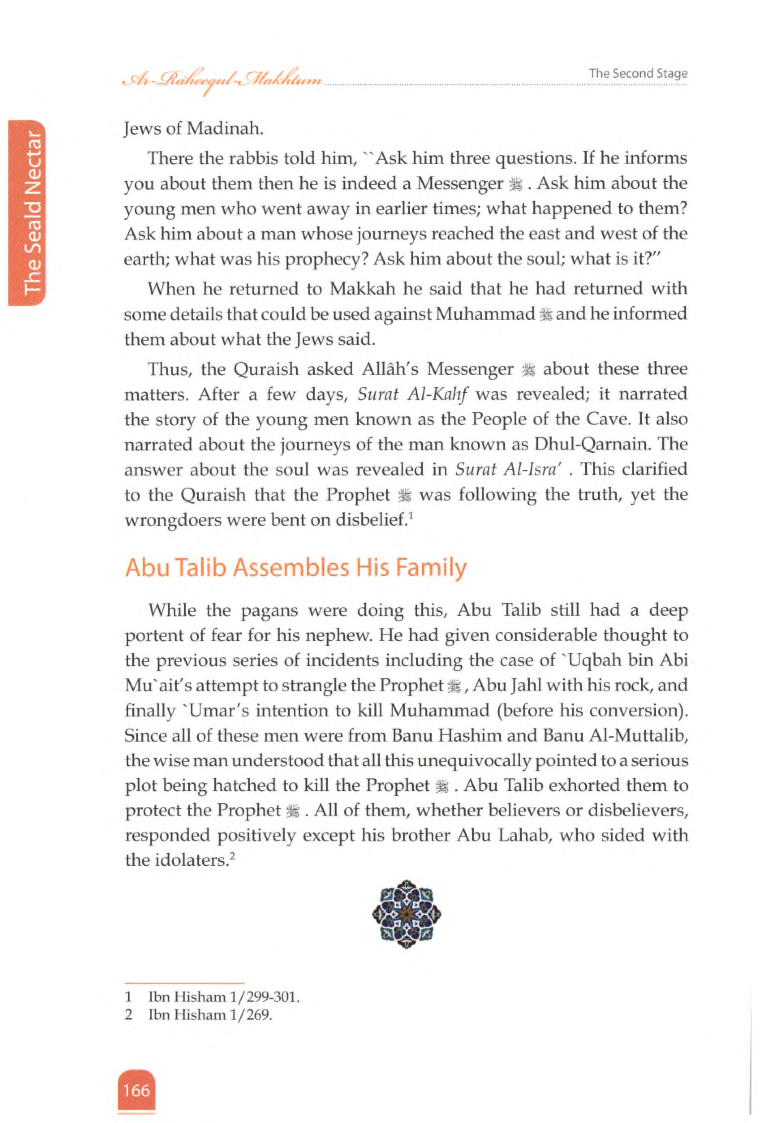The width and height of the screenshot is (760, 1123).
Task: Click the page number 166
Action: [136, 1091]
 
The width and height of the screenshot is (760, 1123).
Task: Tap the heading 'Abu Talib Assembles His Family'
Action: [295, 567]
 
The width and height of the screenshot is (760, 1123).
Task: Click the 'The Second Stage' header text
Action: [638, 73]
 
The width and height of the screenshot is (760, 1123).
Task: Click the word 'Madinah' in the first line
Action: [225, 129]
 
